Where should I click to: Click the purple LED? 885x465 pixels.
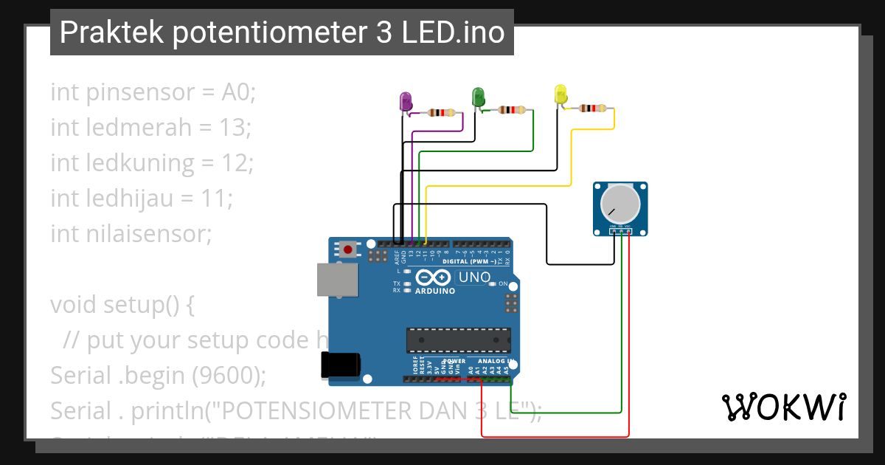(405, 102)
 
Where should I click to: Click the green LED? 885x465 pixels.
(477, 97)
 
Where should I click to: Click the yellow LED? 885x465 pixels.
(560, 94)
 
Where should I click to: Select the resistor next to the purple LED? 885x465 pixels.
(441, 113)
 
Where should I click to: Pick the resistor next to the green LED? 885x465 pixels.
(512, 110)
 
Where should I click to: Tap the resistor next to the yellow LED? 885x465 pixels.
(592, 108)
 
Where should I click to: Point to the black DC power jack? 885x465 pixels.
(341, 366)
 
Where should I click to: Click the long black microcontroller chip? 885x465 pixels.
(457, 340)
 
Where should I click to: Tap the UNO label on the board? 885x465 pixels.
(474, 278)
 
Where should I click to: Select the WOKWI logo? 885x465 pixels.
(782, 407)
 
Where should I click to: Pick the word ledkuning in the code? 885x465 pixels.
(140, 163)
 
